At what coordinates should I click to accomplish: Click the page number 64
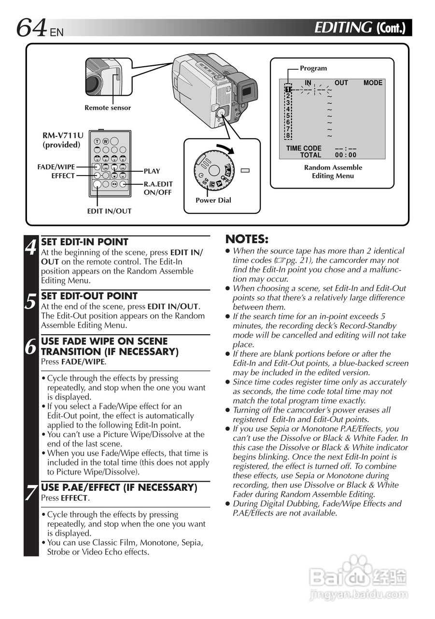[x=32, y=28]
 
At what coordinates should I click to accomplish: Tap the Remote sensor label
[x=108, y=108]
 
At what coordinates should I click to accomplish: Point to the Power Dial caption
[x=213, y=200]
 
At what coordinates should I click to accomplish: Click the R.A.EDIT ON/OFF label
[x=158, y=188]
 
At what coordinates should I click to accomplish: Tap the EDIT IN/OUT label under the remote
[x=109, y=211]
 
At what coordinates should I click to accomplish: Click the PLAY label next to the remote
[x=152, y=171]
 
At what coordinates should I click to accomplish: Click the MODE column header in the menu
[x=373, y=83]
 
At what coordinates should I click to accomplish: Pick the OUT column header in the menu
[x=341, y=83]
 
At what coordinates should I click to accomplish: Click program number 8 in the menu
[x=288, y=136]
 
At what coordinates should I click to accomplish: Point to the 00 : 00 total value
[x=346, y=155]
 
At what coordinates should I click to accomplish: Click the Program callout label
[x=313, y=69]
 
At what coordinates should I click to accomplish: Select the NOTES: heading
[x=247, y=239]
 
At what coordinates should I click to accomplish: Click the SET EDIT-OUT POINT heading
[x=89, y=296]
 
